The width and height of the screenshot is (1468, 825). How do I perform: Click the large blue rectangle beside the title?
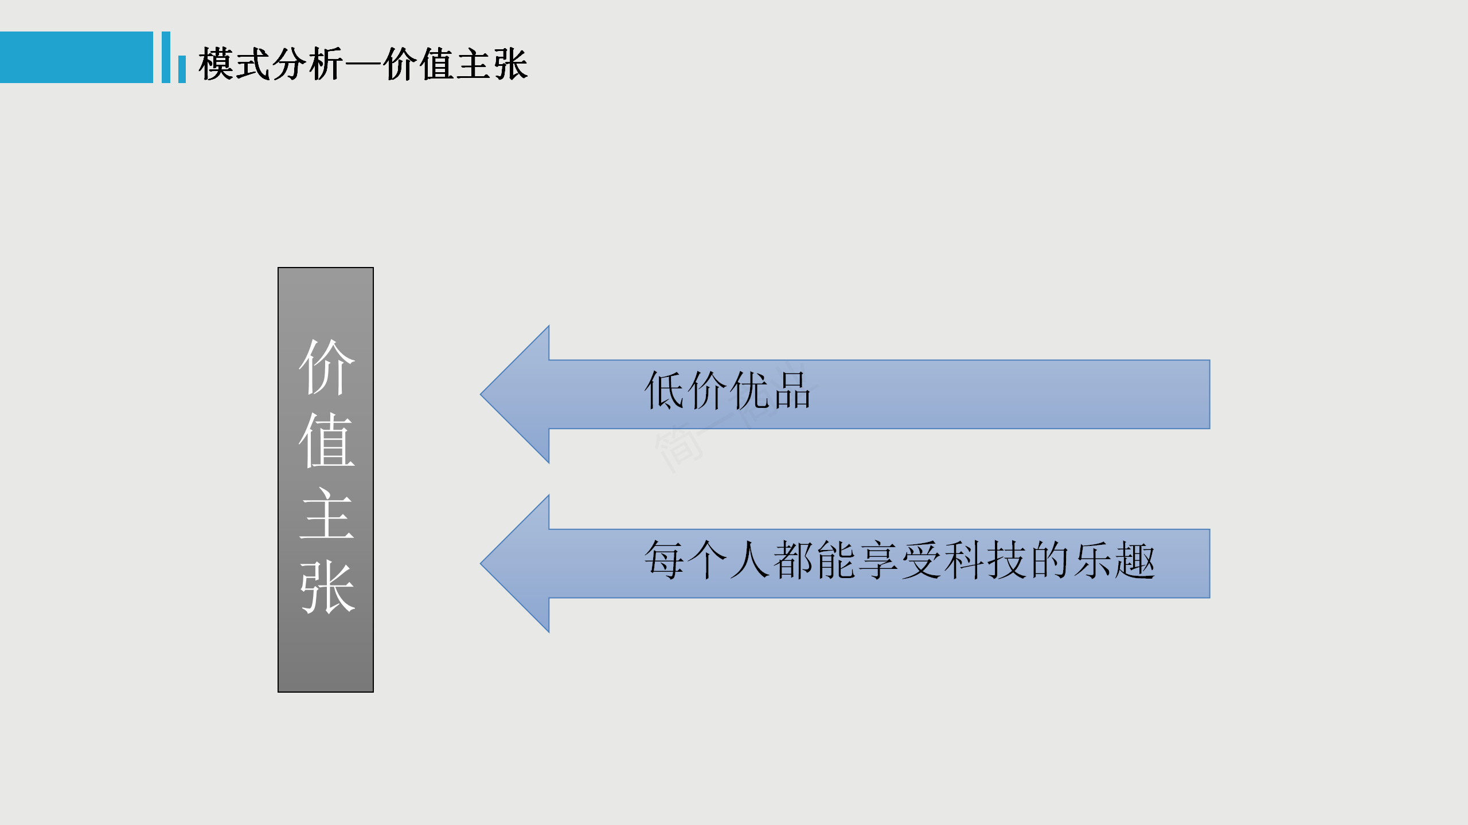pos(76,57)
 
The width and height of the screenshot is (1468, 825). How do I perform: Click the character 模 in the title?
pos(216,64)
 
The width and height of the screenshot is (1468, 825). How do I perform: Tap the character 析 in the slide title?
pos(325,64)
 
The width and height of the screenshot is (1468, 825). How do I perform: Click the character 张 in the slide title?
pos(510,64)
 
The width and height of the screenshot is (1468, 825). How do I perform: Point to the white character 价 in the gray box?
pos(327,367)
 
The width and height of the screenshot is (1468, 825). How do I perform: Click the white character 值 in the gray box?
pos(327,440)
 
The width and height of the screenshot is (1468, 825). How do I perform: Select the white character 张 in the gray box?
pos(327,587)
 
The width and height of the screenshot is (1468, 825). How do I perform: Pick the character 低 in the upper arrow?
pos(665,391)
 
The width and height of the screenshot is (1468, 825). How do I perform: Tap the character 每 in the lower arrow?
pos(664,560)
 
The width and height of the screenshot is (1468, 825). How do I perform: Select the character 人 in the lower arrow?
pos(749,560)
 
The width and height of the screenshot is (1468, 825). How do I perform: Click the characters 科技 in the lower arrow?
pos(984,560)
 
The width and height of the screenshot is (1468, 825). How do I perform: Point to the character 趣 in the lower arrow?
pos(1134,560)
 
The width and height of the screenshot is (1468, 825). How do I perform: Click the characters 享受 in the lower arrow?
pos(899,560)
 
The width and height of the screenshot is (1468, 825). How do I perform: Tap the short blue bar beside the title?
pos(182,69)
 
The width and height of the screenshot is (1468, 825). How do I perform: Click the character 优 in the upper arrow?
pos(749,391)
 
